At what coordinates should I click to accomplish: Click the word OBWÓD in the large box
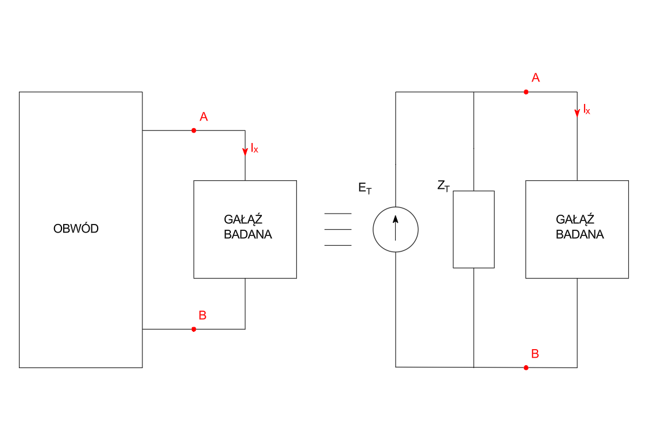(x=76, y=229)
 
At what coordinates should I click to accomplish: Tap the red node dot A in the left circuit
(x=194, y=130)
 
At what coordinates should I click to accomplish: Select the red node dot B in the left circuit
(x=194, y=329)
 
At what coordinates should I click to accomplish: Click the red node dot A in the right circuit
(x=526, y=92)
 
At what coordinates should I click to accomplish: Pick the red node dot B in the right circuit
(x=526, y=368)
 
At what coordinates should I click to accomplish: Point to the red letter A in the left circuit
(x=203, y=117)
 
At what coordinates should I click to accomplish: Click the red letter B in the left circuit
(x=202, y=315)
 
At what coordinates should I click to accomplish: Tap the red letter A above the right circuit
(x=535, y=78)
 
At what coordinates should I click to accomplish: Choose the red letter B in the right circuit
(x=535, y=354)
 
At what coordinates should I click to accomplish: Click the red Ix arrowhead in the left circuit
(x=245, y=152)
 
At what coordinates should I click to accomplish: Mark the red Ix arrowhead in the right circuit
(x=577, y=113)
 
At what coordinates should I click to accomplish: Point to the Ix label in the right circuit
(x=586, y=109)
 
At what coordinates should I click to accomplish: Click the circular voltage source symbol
(x=396, y=229)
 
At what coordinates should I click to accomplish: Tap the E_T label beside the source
(x=365, y=188)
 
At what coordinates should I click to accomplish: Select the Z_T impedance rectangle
(x=474, y=229)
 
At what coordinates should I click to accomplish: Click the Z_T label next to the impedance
(x=443, y=185)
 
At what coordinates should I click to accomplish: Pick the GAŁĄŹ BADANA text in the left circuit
(x=248, y=227)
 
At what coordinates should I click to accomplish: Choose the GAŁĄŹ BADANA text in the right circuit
(x=579, y=227)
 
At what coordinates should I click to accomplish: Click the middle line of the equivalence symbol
(x=338, y=229)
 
